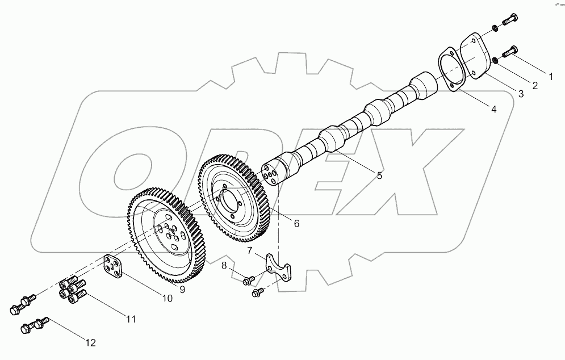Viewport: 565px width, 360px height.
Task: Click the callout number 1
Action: [549, 75]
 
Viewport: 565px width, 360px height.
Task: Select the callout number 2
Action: [534, 85]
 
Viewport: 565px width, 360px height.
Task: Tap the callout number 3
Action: [521, 95]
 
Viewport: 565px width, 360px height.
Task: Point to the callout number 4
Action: [493, 109]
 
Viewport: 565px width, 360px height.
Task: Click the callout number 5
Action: [379, 175]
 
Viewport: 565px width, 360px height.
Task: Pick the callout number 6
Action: [296, 223]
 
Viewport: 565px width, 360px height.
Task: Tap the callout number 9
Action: [182, 290]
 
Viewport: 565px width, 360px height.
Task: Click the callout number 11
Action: [131, 319]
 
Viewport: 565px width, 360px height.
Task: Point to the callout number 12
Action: [90, 342]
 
